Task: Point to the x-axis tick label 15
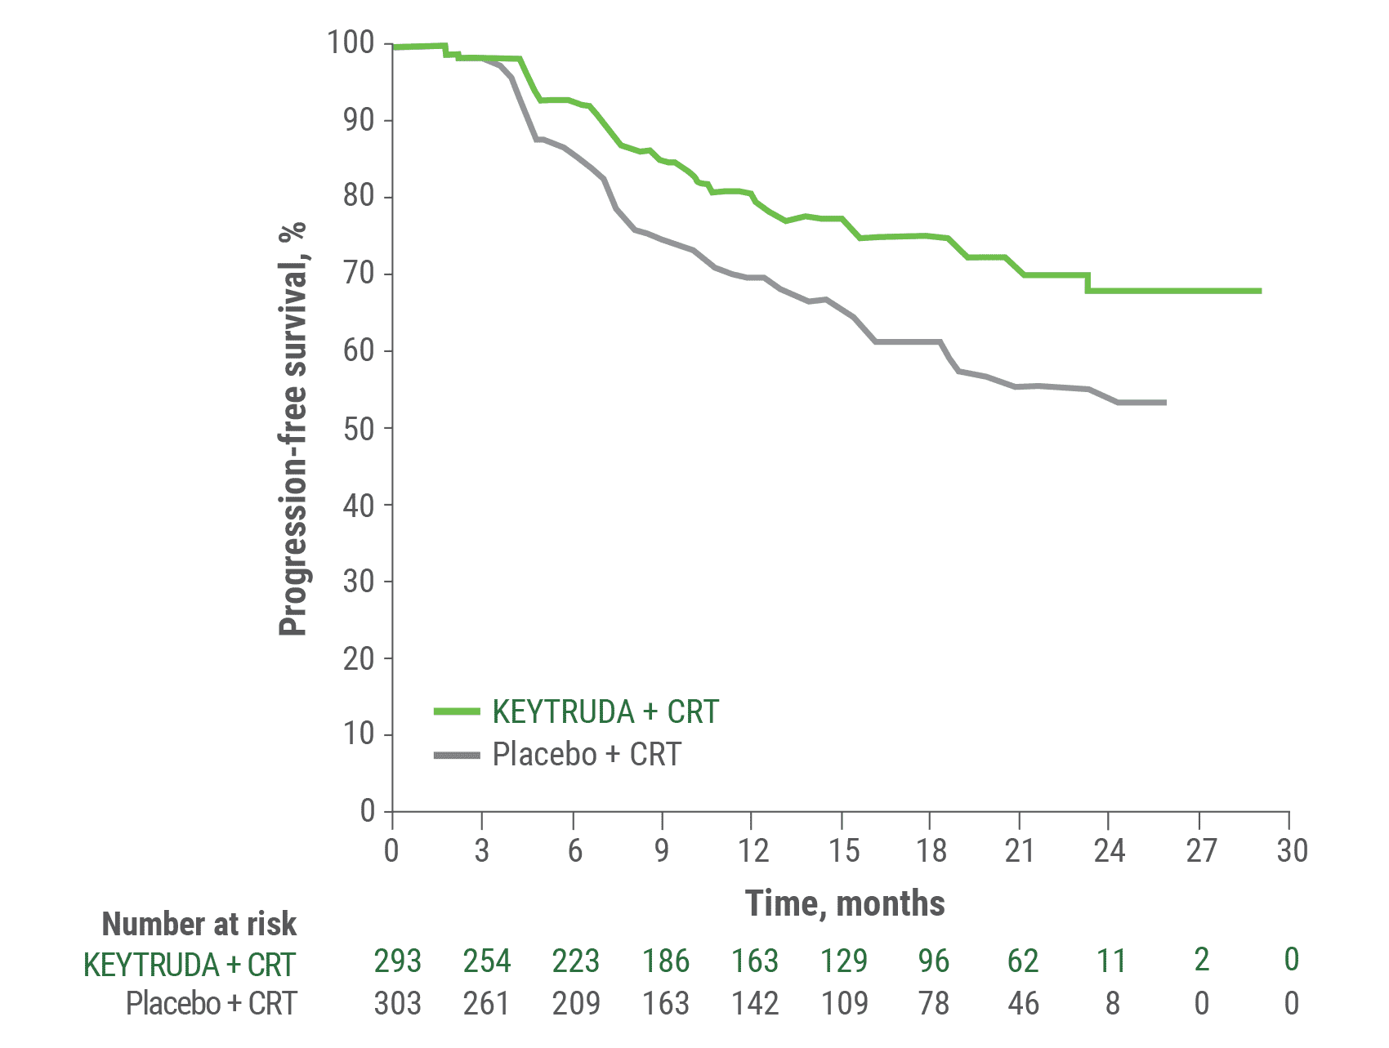click(x=843, y=851)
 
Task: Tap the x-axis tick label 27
click(x=1200, y=851)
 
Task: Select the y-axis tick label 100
click(x=350, y=42)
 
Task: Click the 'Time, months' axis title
click(x=845, y=903)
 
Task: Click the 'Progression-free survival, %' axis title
click(x=292, y=428)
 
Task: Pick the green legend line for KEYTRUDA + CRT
click(x=457, y=712)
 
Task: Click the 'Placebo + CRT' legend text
click(x=586, y=755)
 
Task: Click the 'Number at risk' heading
click(x=199, y=924)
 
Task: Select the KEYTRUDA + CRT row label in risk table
click(x=189, y=965)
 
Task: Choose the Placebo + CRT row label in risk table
click(x=211, y=1003)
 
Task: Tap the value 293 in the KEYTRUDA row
click(x=397, y=961)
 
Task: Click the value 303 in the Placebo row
click(x=397, y=1003)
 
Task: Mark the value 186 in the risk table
click(x=665, y=961)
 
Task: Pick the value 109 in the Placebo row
click(x=843, y=1003)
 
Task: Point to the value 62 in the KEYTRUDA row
click(x=1022, y=961)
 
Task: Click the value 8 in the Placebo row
click(x=1111, y=1003)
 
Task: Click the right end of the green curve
click(x=1260, y=291)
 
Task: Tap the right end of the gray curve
click(x=1164, y=403)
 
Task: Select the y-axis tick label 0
click(x=367, y=811)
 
